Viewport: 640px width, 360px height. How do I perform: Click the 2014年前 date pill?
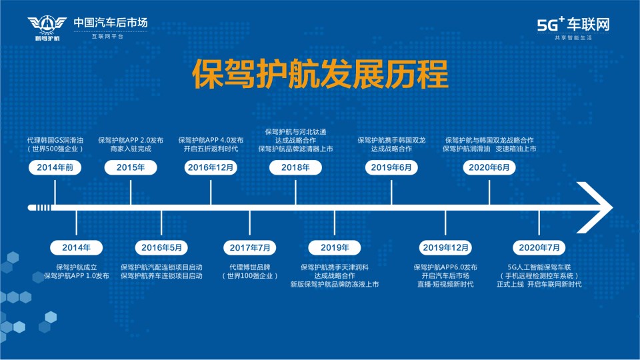(55, 167)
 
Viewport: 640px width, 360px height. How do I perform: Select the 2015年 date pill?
(131, 167)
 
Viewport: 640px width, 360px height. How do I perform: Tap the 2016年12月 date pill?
(211, 167)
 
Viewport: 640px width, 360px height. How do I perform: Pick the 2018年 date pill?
(295, 167)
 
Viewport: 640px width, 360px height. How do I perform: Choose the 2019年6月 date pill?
(391, 167)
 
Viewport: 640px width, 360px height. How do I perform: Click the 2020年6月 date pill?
(489, 167)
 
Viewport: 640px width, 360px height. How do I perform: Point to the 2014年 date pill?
(76, 247)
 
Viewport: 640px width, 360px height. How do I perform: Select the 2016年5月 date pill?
(161, 247)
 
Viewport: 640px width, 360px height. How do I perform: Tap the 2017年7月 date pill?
(250, 247)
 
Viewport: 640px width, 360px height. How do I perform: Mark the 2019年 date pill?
(334, 247)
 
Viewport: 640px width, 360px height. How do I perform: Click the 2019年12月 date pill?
(445, 247)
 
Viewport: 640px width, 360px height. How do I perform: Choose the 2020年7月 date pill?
(539, 247)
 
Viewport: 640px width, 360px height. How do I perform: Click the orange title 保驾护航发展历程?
(321, 74)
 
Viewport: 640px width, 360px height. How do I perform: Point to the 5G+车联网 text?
(573, 25)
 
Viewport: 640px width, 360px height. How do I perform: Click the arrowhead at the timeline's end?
(595, 207)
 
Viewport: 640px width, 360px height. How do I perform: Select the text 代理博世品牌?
(250, 267)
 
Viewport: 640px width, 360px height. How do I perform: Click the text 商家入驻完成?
(131, 149)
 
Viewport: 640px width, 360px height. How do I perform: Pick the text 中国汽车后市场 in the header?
(111, 23)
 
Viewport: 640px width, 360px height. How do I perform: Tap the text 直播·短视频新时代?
(445, 285)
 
